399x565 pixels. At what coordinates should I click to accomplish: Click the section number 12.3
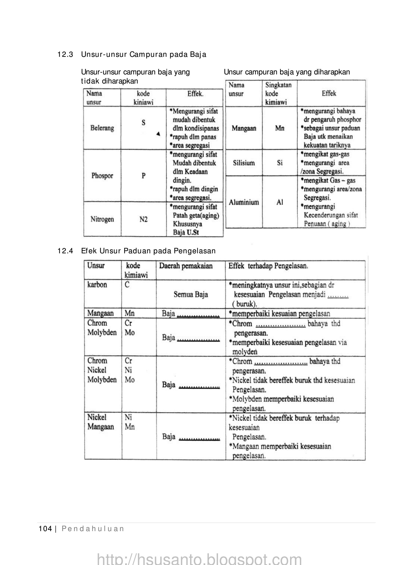(x=65, y=55)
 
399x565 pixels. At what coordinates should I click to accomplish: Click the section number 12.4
(x=65, y=251)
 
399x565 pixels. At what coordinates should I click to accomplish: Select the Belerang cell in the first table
(x=102, y=128)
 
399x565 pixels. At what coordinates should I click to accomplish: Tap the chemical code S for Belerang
(x=143, y=123)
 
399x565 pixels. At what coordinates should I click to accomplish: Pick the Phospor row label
(x=102, y=176)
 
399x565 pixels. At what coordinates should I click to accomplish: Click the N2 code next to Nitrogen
(x=143, y=219)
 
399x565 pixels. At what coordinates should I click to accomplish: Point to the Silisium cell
(x=244, y=163)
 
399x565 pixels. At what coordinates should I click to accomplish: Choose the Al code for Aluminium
(x=280, y=202)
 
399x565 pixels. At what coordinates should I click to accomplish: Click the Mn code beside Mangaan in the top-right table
(x=280, y=128)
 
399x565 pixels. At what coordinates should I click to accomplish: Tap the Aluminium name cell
(x=244, y=202)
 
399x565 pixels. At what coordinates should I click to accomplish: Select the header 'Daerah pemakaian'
(x=186, y=266)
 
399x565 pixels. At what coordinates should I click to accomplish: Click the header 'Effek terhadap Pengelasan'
(x=268, y=266)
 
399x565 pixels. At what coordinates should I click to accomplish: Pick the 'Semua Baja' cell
(x=191, y=295)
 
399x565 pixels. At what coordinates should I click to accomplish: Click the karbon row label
(x=97, y=285)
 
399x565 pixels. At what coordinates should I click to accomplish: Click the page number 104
(x=45, y=529)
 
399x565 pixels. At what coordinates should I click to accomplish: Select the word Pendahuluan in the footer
(x=93, y=529)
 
